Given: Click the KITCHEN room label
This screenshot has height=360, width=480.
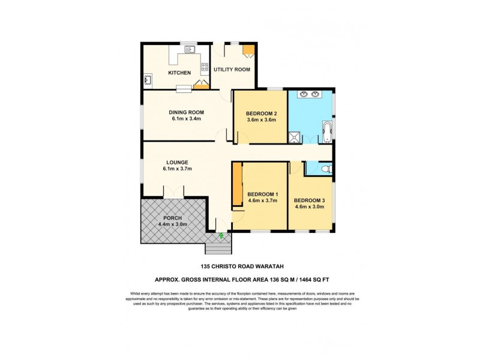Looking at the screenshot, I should pos(179,73).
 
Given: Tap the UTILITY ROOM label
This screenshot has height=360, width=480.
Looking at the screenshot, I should pos(232,70).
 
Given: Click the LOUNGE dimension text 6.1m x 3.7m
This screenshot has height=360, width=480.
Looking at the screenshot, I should pos(179,169).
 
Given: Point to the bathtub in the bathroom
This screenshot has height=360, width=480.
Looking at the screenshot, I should pos(326,132).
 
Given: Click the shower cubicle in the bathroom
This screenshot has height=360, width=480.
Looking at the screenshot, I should pos(294,137).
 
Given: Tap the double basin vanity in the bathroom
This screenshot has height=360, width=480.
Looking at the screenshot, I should pos(309,94).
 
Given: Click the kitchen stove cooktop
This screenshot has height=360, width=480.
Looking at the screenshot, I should pos(205,67).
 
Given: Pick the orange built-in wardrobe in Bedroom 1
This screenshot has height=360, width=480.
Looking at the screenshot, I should pos(237,184).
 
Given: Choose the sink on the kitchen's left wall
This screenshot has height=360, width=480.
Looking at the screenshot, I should pos(148,79).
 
